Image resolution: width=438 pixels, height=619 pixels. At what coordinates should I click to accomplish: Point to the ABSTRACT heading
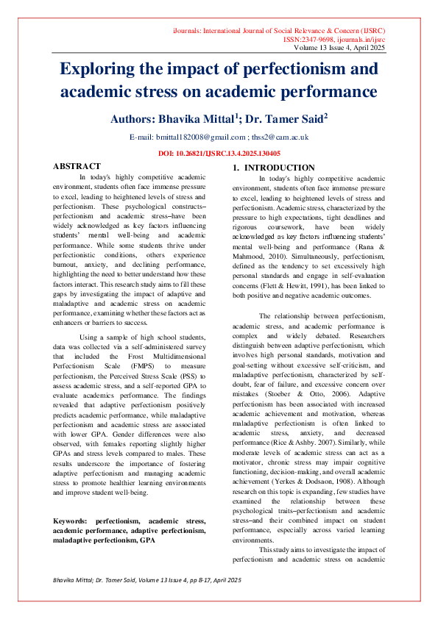tap(77, 167)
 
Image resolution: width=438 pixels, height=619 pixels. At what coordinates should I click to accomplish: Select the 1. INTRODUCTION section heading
tap(274, 168)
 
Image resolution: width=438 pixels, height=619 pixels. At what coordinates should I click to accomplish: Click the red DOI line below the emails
tap(219, 152)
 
